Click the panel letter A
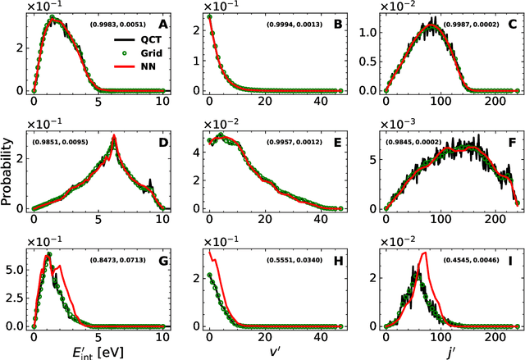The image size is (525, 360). point(162,24)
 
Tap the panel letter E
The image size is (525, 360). point(338,142)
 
